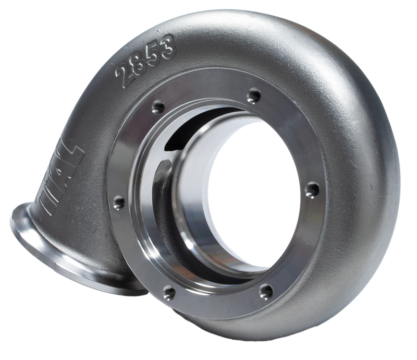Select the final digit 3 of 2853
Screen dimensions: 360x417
point(167,48)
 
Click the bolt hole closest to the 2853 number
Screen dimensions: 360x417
point(158,107)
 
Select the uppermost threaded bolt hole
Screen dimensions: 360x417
point(254,95)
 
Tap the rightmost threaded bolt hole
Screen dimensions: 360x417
point(312,189)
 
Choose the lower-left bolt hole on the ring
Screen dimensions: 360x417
point(169,292)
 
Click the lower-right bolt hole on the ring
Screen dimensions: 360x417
point(266,290)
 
